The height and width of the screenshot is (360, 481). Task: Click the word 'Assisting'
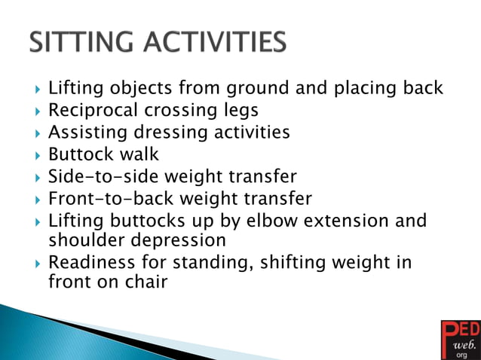pyautogui.click(x=85, y=133)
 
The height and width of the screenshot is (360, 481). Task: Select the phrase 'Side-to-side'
pyautogui.click(x=101, y=177)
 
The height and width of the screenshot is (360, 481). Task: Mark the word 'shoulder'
pyautogui.click(x=81, y=240)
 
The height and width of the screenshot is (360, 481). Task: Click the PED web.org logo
pyautogui.click(x=458, y=339)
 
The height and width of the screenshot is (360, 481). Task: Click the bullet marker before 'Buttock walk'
pyautogui.click(x=36, y=155)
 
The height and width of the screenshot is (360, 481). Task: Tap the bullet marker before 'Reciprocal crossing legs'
pyautogui.click(x=36, y=111)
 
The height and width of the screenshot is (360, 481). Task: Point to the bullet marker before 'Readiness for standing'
pyautogui.click(x=36, y=263)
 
